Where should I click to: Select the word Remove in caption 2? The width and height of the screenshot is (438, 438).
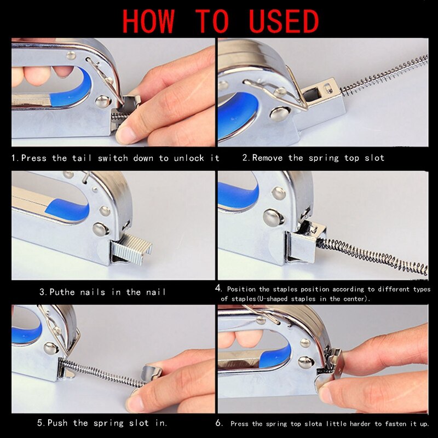pos(269,158)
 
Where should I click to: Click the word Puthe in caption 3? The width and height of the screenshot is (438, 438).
pos(62,292)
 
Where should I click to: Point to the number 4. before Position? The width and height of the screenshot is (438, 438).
pos(219,288)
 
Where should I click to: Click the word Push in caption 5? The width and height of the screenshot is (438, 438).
pos(60,423)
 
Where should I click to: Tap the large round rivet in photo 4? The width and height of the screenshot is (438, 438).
pos(273,217)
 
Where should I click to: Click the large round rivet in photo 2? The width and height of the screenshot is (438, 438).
pos(279,113)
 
